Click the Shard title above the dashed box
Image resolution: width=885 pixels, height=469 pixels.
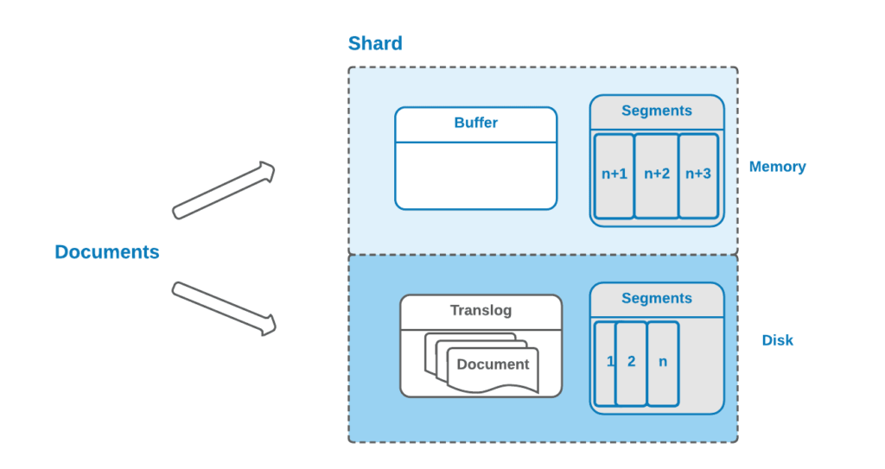point(375,43)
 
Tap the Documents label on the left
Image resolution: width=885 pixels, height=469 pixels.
point(107,252)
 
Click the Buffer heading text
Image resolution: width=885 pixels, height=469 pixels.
point(475,123)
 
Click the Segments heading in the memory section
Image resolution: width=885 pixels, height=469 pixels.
point(657,111)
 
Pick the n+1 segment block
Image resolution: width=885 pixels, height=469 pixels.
point(614,174)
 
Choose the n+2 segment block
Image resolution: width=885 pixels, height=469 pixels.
point(657,174)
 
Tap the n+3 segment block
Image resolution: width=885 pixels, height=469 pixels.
point(698,174)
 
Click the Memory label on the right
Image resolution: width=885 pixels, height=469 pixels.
point(777,167)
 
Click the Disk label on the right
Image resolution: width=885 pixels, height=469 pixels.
point(777,340)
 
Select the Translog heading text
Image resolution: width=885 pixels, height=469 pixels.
point(481,310)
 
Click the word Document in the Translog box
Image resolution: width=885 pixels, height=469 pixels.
point(493,364)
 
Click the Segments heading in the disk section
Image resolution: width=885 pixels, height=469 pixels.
point(657,298)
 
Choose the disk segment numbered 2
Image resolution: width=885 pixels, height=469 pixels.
point(632,362)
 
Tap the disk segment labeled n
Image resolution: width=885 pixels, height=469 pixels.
point(663,362)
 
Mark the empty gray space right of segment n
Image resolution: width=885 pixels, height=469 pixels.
point(701,362)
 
